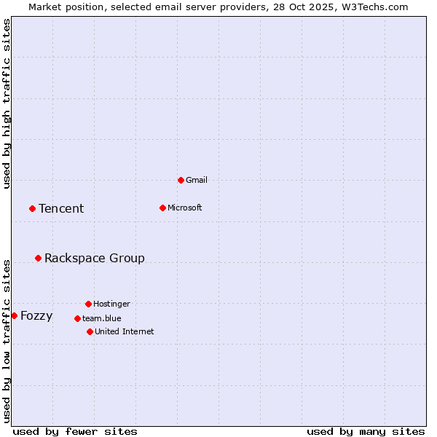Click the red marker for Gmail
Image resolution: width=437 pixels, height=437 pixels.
point(181,180)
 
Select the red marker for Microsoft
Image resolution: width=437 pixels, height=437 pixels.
point(162,208)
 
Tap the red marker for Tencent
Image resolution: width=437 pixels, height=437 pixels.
point(32,208)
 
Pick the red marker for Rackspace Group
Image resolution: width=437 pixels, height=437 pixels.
point(38,258)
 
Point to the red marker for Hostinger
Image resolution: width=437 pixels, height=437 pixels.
point(88,304)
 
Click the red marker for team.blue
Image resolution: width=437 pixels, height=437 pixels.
point(77,318)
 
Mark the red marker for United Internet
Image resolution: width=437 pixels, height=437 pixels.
point(90,331)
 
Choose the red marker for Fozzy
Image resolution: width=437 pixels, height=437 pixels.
point(14,315)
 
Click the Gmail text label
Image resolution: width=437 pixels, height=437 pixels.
point(197,180)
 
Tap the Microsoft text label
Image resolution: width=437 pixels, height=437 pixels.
point(185,208)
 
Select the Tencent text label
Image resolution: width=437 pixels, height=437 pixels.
point(61,209)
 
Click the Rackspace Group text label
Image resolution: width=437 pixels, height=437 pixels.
point(95,259)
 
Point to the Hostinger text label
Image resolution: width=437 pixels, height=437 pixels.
point(111,304)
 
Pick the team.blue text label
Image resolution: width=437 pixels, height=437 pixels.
point(102,318)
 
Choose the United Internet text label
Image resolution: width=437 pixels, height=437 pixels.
point(125,331)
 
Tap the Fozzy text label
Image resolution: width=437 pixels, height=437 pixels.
point(36,316)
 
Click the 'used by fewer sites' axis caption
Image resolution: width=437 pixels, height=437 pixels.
point(75,431)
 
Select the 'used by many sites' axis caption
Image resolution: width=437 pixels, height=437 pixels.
point(366,431)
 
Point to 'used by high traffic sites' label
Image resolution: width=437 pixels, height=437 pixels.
point(7,103)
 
